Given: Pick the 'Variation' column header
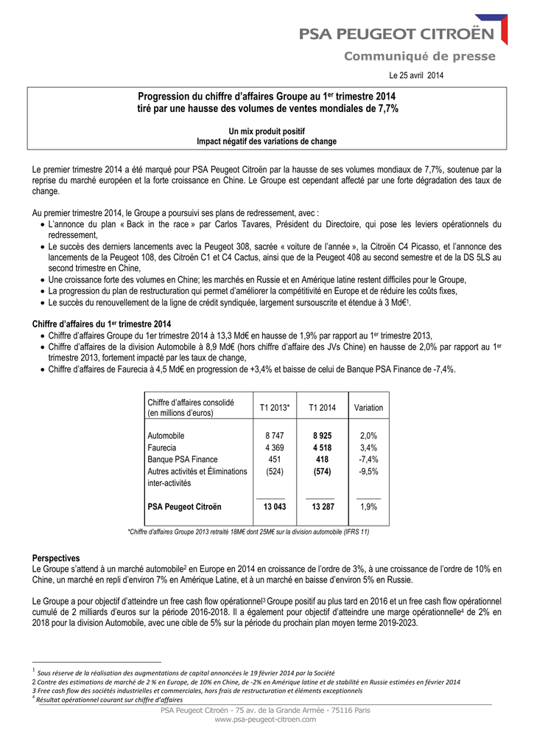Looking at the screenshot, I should click(x=368, y=408).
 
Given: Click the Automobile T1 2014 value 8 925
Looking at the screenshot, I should click(x=322, y=436).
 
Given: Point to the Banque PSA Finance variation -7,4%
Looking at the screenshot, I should click(x=368, y=459).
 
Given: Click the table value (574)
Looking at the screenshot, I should click(x=322, y=471).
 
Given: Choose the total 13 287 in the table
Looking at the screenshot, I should click(x=322, y=507).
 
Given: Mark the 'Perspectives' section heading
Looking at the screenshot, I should click(x=56, y=558).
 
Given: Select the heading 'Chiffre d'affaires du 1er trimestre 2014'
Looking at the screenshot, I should click(x=102, y=324).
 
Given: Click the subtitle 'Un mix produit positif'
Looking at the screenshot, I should click(x=267, y=131).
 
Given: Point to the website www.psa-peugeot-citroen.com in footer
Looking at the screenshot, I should click(x=267, y=719).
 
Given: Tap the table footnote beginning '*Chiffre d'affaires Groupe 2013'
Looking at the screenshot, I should click(x=249, y=531).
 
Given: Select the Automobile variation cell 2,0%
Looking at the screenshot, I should click(x=368, y=436).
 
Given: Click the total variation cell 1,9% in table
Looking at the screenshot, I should click(x=368, y=507).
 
